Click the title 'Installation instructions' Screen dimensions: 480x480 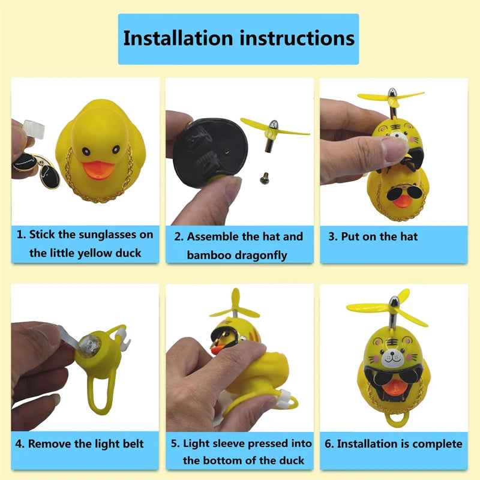tap(239, 38)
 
